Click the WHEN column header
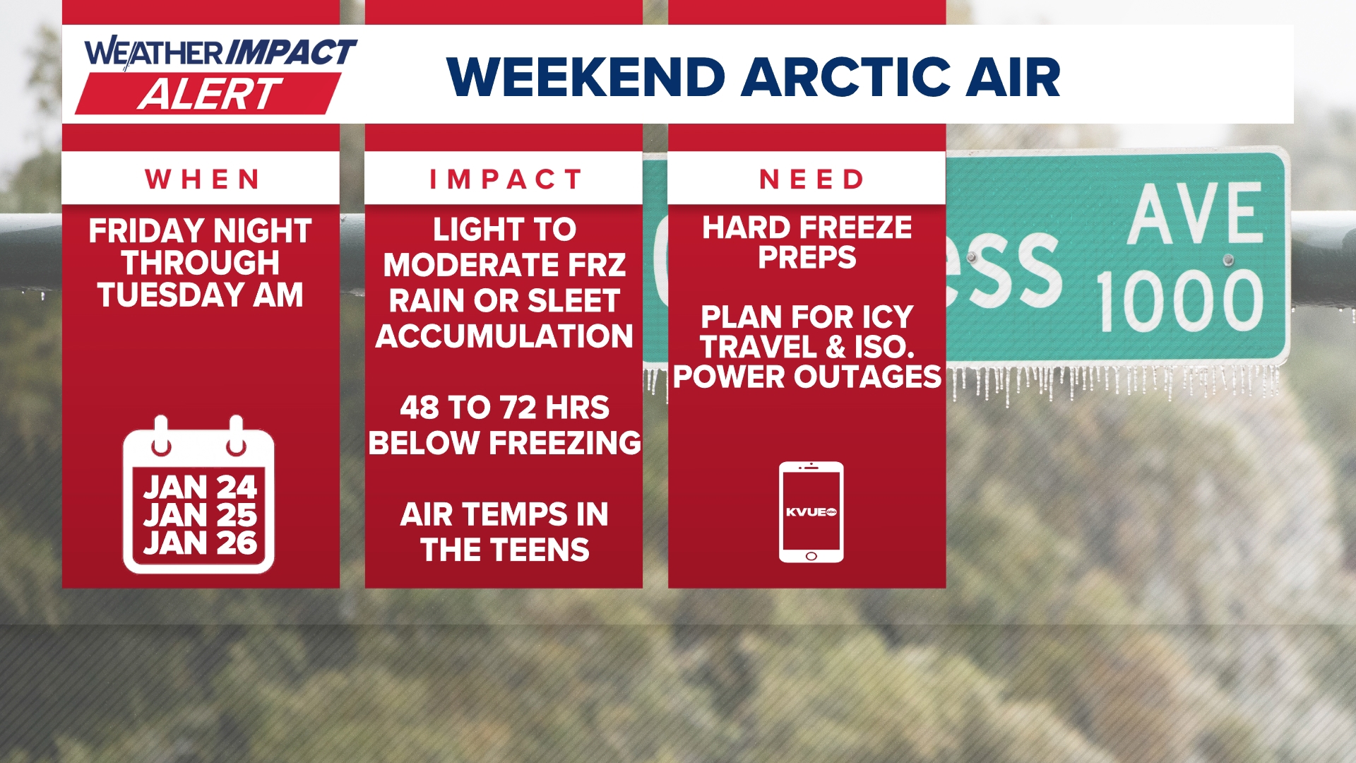(203, 179)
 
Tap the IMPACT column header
(506, 179)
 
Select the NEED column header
(811, 179)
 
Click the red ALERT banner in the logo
(208, 93)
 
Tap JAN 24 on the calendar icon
(200, 487)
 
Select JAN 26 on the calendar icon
(200, 543)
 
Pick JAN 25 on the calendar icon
(200, 515)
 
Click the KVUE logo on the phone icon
(811, 512)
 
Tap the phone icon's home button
(811, 556)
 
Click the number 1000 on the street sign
(1179, 301)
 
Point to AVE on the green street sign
(1195, 213)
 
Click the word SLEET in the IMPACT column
(573, 301)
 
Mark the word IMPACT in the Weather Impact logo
(291, 52)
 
